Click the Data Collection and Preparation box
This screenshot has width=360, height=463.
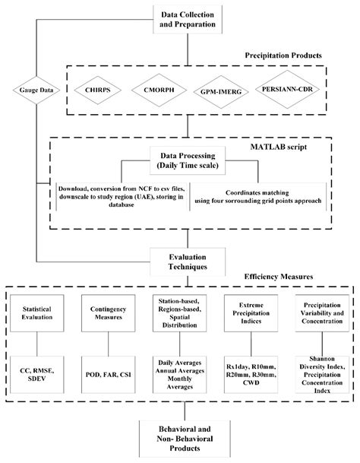188,20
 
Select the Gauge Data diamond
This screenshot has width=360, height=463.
36,90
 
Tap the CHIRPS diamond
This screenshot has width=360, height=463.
98,90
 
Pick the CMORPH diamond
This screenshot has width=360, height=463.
159,90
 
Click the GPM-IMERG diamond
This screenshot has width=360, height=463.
221,92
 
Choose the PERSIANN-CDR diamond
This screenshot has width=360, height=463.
287,89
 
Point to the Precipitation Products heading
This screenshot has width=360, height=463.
283,55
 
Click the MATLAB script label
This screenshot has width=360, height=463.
279,147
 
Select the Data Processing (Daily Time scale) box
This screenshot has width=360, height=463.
188,160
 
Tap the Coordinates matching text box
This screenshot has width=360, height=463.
258,197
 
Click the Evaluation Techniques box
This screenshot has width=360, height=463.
188,262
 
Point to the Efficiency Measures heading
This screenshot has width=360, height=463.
279,277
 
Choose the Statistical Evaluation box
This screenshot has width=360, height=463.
37,313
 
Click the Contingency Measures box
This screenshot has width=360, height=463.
109,313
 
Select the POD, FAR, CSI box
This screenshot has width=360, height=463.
109,374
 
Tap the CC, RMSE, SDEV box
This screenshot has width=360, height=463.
37,374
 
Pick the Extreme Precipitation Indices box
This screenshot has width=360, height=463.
251,313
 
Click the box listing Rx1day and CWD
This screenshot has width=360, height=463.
251,374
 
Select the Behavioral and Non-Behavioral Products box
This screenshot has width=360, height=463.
185,439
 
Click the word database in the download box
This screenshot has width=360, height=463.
122,205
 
